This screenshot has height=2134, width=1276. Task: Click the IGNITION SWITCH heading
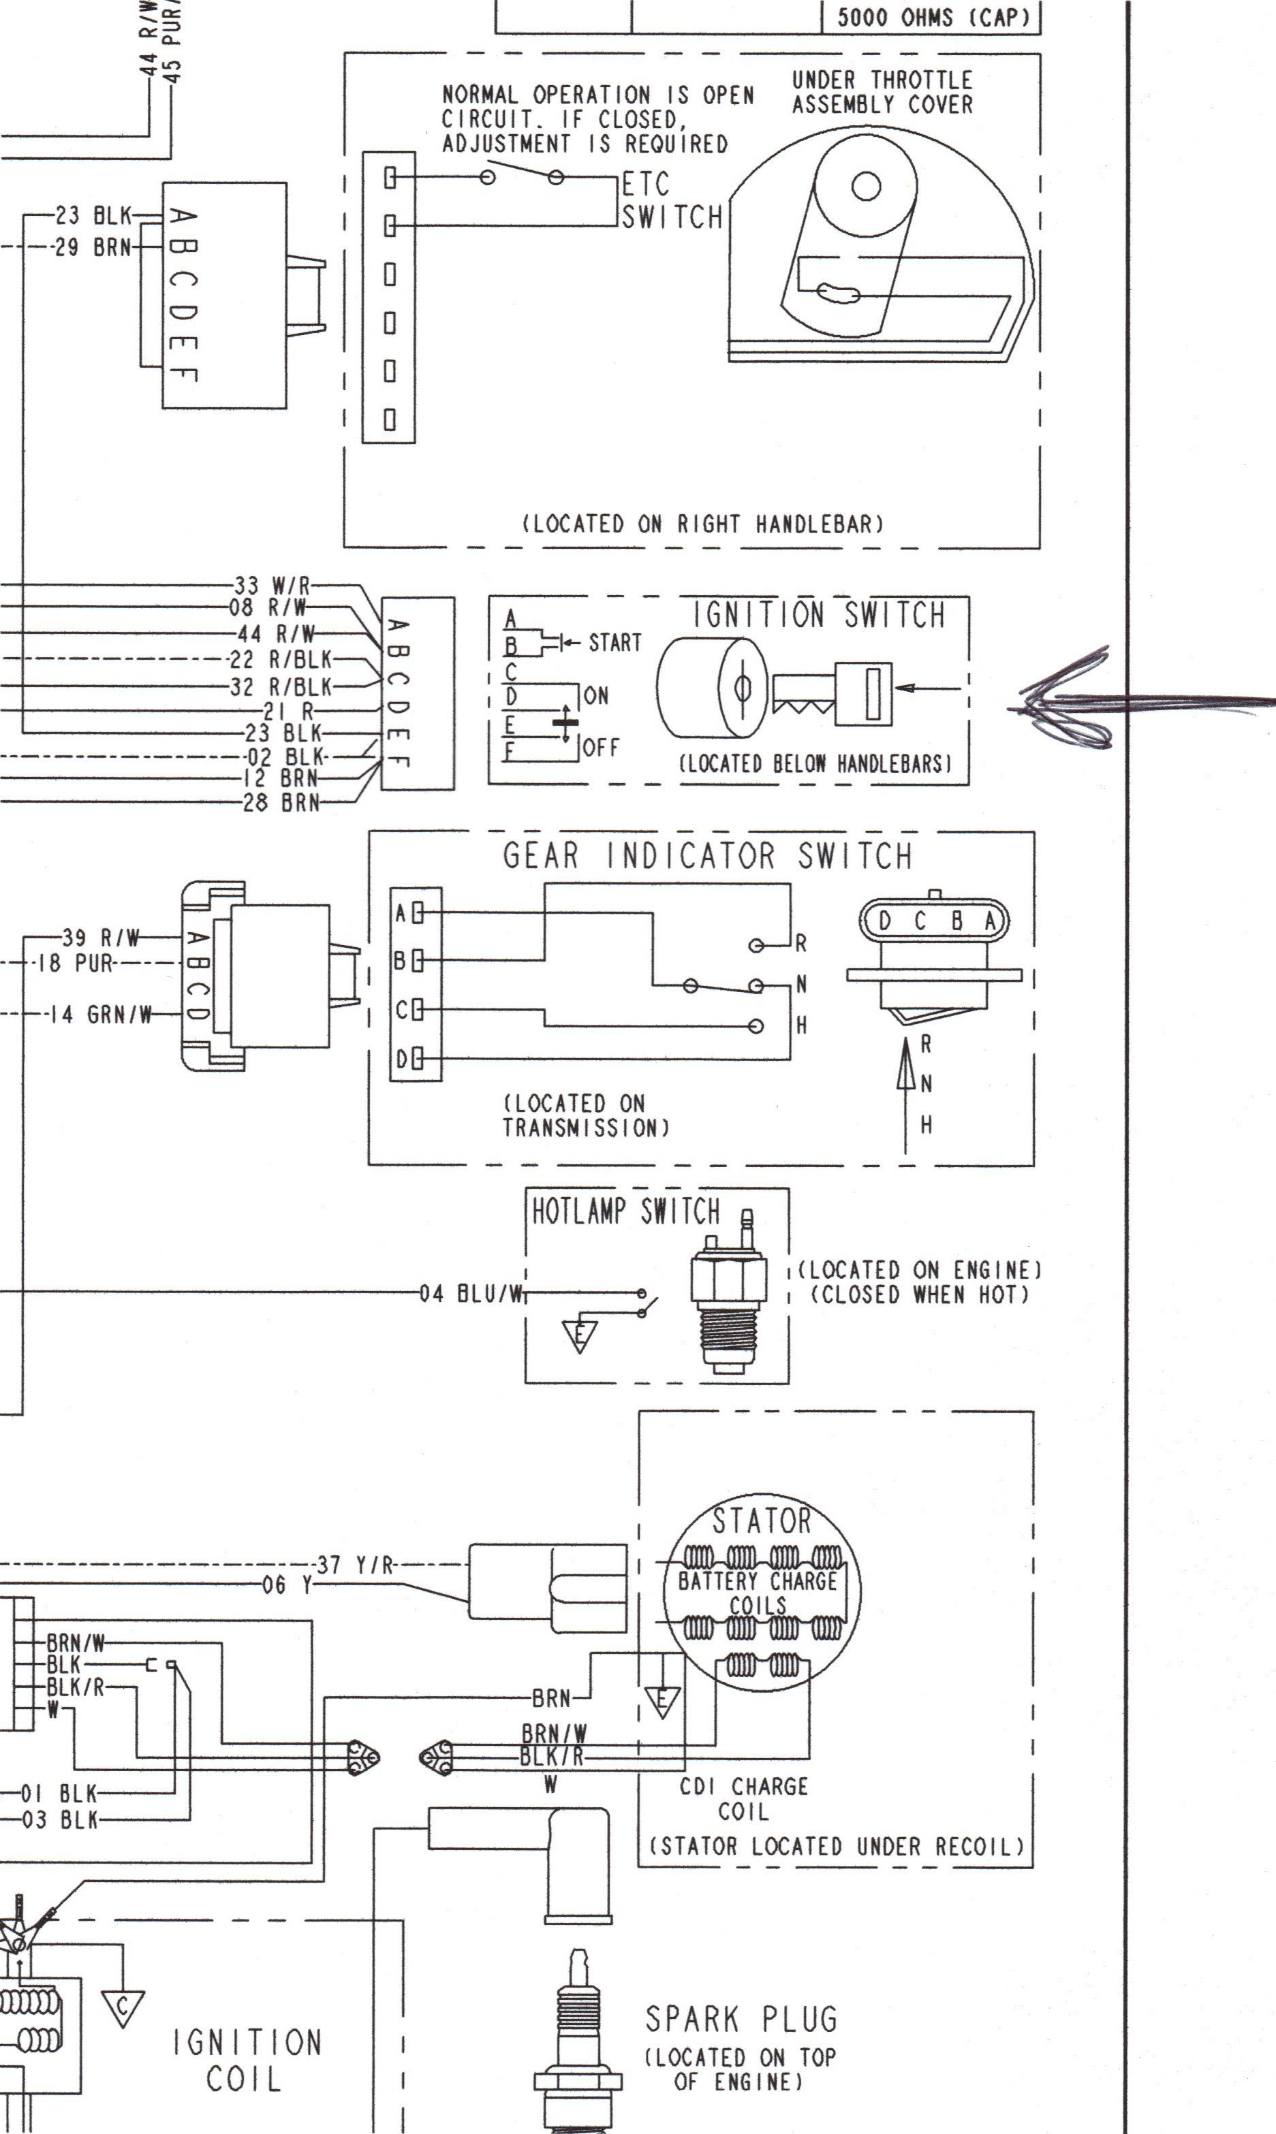pyautogui.click(x=820, y=616)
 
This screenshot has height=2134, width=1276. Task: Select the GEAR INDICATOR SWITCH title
pyautogui.click(x=706, y=856)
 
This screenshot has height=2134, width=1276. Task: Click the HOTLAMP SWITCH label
pyautogui.click(x=625, y=1212)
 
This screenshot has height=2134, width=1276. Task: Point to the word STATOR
pyautogui.click(x=762, y=1520)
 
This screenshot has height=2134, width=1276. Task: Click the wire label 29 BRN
pyautogui.click(x=93, y=248)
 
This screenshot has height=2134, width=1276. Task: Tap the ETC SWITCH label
pyautogui.click(x=672, y=201)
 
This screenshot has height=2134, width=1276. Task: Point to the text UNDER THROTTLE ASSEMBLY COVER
pyautogui.click(x=882, y=93)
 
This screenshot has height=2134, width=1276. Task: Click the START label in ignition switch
pyautogui.click(x=614, y=642)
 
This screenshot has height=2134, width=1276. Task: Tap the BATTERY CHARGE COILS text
pyautogui.click(x=758, y=1593)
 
